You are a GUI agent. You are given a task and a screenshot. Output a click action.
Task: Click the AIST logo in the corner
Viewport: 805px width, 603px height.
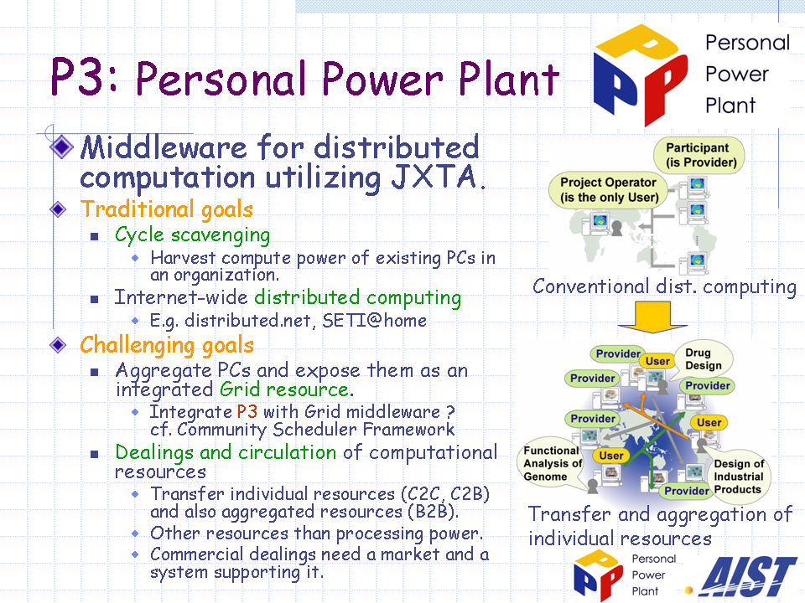coord(749,577)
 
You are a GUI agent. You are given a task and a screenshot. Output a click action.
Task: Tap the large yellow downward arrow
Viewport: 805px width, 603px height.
coord(652,317)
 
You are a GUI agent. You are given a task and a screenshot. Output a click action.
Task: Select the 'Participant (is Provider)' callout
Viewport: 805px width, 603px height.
coord(699,155)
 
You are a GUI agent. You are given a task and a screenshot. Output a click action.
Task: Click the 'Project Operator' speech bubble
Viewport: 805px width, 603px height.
coord(609,190)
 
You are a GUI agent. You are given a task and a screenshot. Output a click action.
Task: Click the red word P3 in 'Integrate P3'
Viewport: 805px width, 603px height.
coord(247,411)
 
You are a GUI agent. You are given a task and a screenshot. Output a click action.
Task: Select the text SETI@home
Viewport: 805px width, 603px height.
coord(374,321)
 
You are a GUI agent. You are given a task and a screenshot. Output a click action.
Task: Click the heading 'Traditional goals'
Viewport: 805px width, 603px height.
coord(167,209)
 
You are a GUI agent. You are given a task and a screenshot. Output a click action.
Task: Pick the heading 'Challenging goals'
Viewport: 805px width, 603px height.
coord(167,344)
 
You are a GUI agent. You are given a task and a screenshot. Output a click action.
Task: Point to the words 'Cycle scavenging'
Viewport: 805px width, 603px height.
coord(193,234)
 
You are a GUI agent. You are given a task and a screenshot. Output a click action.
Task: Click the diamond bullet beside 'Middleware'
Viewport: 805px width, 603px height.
coord(61,147)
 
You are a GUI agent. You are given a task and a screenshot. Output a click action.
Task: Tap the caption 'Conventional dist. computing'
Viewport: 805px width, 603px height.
coord(664,286)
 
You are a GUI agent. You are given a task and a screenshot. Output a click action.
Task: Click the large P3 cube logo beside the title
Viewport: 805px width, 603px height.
coord(640,75)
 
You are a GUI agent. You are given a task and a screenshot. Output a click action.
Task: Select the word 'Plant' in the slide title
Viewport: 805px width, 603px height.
coord(508,79)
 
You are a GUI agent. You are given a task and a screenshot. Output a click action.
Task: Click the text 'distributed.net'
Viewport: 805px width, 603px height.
coord(248,321)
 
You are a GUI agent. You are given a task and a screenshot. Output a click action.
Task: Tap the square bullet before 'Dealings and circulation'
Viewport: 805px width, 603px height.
coord(94,454)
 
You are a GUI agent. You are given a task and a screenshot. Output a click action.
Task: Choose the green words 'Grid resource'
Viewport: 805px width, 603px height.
coord(284,389)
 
